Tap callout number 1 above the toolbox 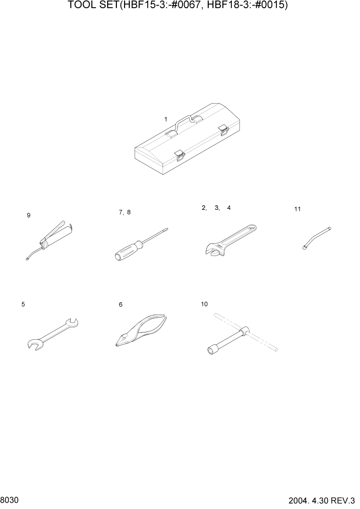pos(166,119)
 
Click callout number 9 pos(29,216)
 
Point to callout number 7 pos(121,212)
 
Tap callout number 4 pos(229,208)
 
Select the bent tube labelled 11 pos(316,237)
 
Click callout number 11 pos(297,209)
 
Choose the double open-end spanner pos(51,334)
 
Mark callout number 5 pos(23,304)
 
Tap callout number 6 pos(121,305)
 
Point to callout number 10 pos(205,304)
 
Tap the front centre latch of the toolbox pos(179,154)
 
